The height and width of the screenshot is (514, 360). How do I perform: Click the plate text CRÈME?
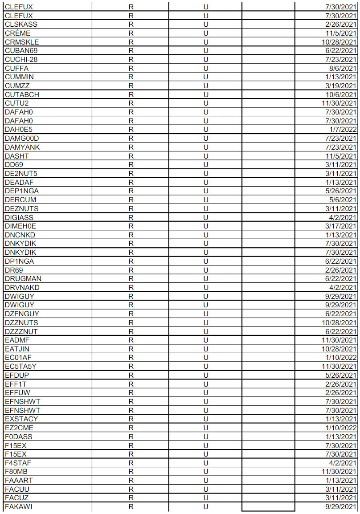coord(15,33)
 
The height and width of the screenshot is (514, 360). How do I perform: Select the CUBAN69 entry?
coord(21,51)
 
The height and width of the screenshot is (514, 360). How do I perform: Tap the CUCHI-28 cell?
coord(21,60)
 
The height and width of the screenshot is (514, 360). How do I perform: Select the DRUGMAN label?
coord(23,278)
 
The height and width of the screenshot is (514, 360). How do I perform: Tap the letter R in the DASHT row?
coord(131,156)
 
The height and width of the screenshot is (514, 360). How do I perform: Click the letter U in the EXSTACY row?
coord(206,419)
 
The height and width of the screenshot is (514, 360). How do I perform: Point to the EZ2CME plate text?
coord(19,428)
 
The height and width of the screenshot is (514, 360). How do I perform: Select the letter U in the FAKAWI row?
coord(206,506)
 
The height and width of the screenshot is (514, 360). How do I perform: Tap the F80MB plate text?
coord(16,471)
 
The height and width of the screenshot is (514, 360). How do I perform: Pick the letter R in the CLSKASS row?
coord(131,24)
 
